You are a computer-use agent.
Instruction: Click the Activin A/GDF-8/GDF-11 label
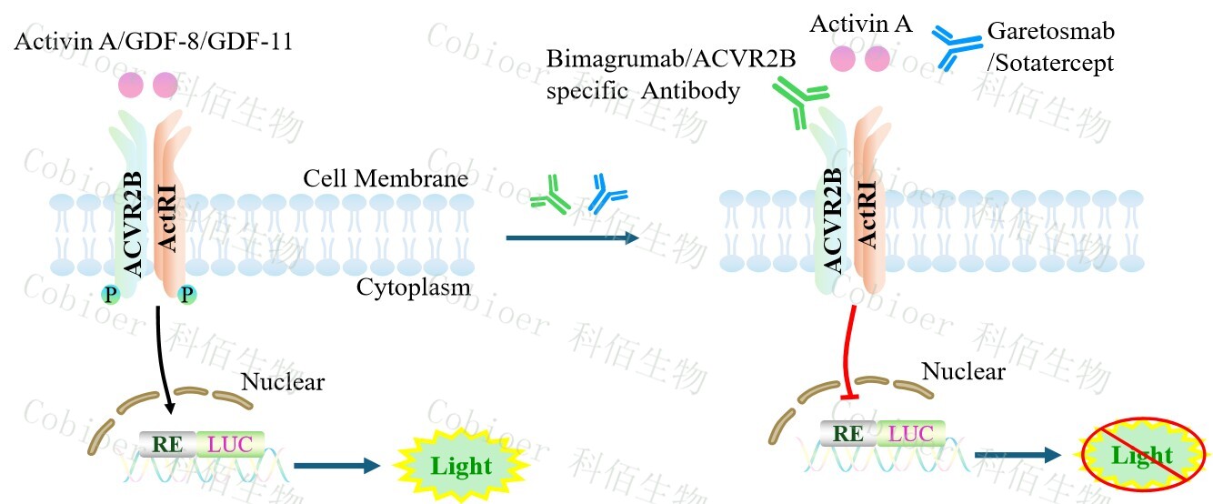153,42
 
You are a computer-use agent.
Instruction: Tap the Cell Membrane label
386,177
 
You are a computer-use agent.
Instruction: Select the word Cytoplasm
414,288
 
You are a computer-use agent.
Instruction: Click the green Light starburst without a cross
460,466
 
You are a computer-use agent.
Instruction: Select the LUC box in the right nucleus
911,433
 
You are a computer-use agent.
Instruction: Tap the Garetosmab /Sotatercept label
1050,48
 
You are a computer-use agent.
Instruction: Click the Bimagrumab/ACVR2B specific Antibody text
671,76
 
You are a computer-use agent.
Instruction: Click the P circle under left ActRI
187,295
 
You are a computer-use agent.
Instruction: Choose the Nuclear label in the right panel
963,371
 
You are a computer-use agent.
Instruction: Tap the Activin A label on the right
860,25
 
